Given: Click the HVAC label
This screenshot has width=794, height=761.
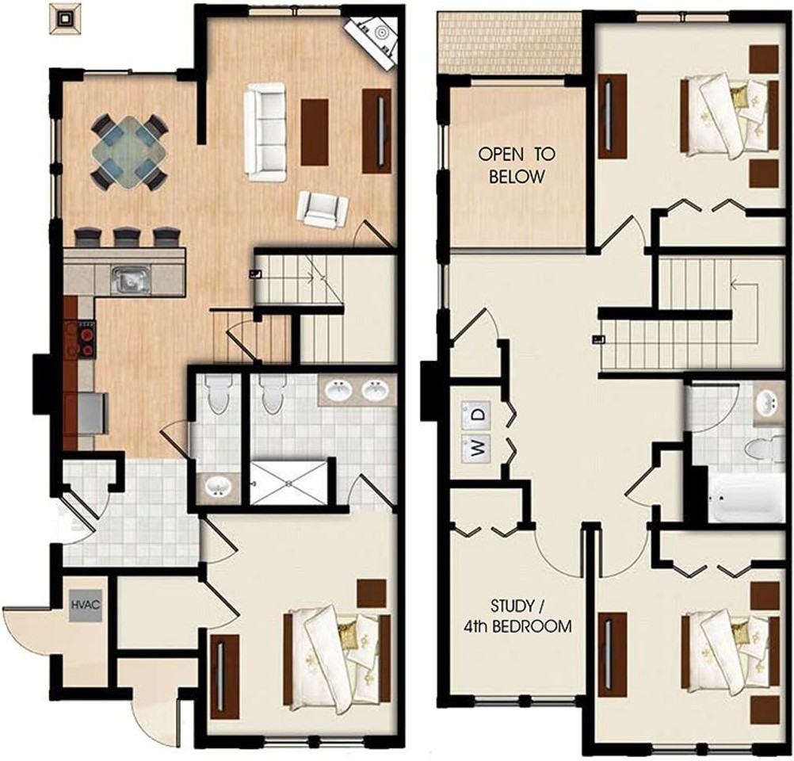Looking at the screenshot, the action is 86,605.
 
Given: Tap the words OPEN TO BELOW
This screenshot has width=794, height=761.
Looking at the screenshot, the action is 517,165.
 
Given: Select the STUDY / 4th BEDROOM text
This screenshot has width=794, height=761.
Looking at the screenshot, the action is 517,616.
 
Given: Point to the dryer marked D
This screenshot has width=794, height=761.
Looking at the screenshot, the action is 476,414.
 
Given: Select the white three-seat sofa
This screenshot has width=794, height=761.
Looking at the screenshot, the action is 265,132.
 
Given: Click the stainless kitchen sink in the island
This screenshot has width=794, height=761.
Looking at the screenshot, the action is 132,281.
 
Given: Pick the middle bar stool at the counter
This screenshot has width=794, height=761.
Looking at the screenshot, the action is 127,238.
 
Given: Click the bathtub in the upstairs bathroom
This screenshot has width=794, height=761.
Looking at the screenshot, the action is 744,498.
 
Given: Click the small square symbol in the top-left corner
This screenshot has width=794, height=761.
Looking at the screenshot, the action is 65,19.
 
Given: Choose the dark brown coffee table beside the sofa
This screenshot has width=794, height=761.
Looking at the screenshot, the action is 315,132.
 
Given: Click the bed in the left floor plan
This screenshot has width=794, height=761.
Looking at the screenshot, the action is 336,659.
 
